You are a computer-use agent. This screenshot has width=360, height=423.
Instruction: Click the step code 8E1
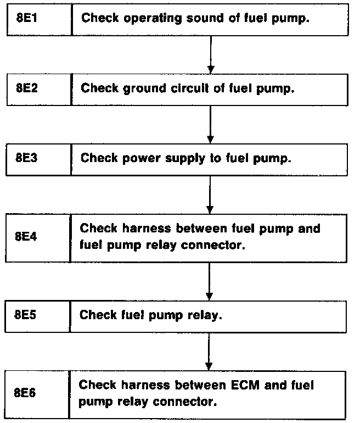[27, 18]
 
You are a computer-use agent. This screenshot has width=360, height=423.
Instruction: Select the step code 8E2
[27, 88]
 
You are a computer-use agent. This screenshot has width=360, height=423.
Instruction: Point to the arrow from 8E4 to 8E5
[209, 280]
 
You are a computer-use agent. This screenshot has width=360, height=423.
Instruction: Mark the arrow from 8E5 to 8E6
[209, 352]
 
